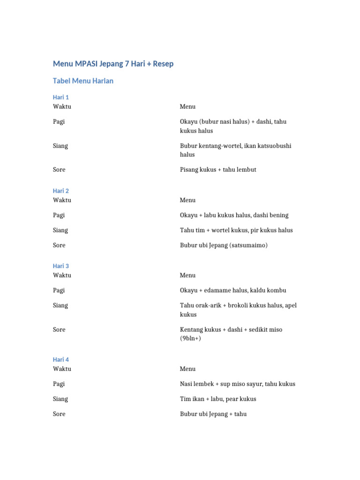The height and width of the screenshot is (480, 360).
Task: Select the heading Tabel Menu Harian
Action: (x=83, y=81)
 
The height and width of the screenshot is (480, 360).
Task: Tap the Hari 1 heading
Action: (x=61, y=97)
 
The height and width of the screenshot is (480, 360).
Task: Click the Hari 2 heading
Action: (x=61, y=191)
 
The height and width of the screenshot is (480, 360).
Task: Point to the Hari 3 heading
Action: (x=61, y=266)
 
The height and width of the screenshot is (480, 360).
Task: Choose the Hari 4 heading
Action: (x=61, y=360)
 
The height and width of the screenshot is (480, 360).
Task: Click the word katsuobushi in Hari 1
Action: (x=274, y=146)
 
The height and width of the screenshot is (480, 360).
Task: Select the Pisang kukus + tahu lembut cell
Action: (x=218, y=170)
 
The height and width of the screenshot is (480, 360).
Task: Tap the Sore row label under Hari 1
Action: (x=59, y=170)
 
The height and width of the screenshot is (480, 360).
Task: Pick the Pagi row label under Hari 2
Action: (x=59, y=215)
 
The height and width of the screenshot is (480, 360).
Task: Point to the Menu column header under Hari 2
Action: (x=187, y=200)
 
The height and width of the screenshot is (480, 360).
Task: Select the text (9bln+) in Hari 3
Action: (x=190, y=338)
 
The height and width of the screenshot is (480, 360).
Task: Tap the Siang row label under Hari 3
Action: (x=60, y=305)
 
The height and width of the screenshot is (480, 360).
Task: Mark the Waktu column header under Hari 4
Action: (x=62, y=369)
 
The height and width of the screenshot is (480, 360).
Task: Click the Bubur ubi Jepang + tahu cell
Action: (x=213, y=414)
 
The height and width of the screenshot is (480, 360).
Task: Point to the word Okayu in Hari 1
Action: (x=189, y=121)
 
